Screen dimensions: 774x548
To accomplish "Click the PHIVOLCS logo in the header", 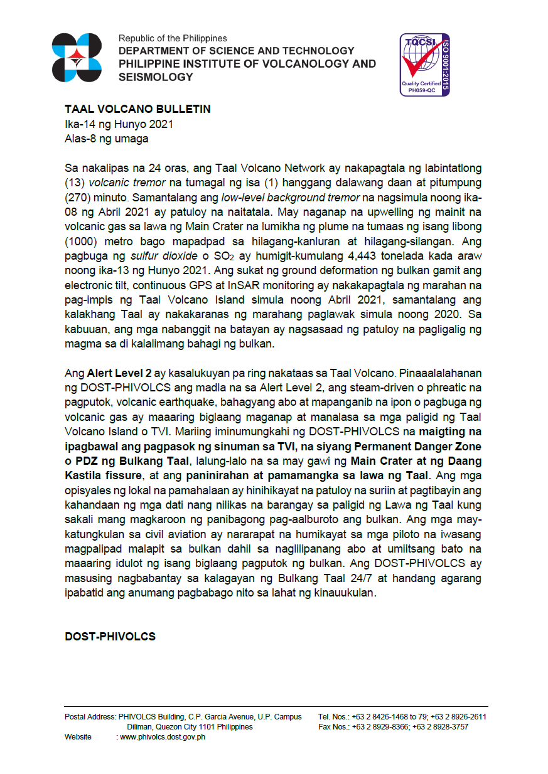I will point(77,58).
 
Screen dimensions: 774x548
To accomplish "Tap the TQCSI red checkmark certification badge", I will point(424,65).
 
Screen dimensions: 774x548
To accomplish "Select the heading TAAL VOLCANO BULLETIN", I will point(137,109).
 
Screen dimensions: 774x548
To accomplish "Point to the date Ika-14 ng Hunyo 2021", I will point(119,124).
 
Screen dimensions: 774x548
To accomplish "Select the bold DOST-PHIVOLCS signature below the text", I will point(110,637).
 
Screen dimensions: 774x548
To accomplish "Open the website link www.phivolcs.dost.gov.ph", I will point(162,737).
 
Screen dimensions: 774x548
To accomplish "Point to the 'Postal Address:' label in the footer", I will point(90,717).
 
